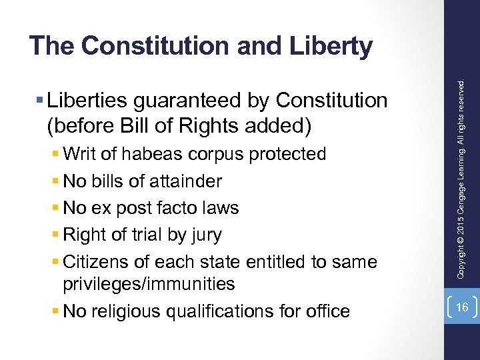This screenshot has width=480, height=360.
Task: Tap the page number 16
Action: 462,307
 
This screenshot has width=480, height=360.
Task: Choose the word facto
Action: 173,208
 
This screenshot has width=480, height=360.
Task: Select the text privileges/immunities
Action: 149,285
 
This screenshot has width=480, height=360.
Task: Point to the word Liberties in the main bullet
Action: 89,101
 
